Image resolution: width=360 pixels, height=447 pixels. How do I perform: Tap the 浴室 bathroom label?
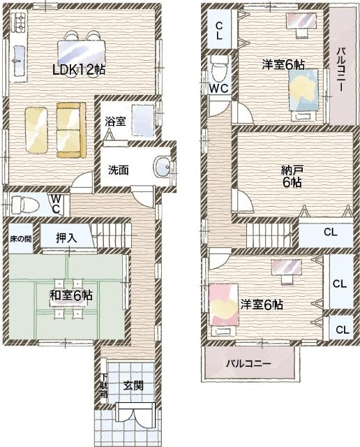(115, 122)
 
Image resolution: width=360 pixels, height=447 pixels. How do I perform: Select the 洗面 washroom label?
(118, 170)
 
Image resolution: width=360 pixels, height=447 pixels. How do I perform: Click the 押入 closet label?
(67, 238)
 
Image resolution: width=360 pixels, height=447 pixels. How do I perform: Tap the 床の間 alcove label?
(20, 239)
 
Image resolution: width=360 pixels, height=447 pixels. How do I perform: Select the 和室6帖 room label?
(71, 295)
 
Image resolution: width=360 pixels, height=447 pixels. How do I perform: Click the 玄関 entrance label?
(133, 386)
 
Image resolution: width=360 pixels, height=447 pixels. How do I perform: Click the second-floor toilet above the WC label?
(220, 69)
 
